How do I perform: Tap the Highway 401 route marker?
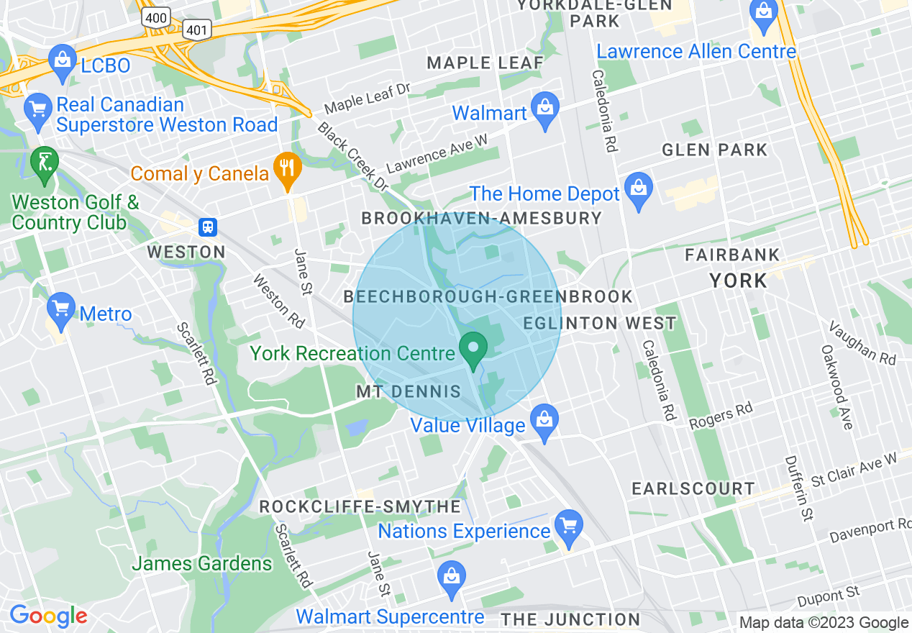click(196, 29)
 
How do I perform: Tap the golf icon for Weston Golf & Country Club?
click(45, 163)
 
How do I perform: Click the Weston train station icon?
click(209, 227)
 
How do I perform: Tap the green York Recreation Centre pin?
click(473, 350)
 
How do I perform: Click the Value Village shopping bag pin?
click(544, 420)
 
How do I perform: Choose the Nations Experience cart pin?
click(569, 527)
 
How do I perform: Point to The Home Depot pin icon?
click(638, 189)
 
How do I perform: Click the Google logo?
click(47, 616)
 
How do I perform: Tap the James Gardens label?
click(201, 563)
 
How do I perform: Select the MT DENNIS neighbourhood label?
click(409, 392)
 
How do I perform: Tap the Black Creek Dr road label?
click(353, 156)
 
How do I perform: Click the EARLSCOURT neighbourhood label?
click(693, 489)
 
